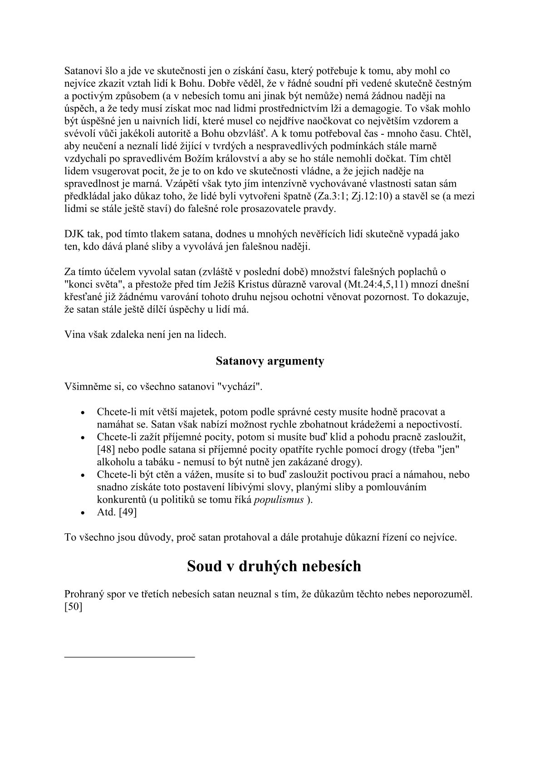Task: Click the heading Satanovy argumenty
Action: pos(270,361)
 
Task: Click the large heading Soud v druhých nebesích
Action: pos(274,567)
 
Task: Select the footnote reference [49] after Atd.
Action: pos(128,512)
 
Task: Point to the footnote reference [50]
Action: pos(73,606)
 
